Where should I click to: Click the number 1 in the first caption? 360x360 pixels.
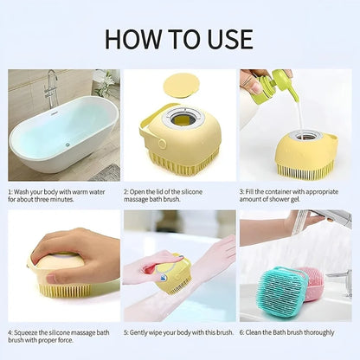(10, 190)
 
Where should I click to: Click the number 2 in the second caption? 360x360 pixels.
(125, 190)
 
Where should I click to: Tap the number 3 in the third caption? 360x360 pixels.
(241, 190)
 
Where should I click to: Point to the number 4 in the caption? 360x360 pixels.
(10, 331)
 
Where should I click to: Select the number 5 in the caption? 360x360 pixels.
(125, 331)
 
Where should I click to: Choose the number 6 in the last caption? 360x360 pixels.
(241, 331)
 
